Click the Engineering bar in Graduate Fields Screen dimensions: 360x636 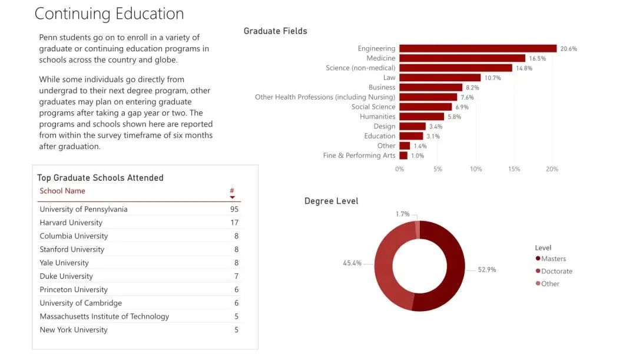[478, 48]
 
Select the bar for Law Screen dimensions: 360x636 [440, 78]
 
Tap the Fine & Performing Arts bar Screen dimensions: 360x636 [403, 156]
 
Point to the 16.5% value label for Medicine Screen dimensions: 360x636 [537, 58]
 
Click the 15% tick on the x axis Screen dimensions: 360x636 [514, 169]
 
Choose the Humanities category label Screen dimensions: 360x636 [377, 117]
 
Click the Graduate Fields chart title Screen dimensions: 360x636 [275, 31]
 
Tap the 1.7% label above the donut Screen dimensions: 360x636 [403, 213]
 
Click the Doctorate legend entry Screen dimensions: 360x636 [556, 271]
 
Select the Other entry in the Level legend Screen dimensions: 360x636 [549, 283]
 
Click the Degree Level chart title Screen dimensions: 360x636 [331, 201]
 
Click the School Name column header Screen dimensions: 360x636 [62, 191]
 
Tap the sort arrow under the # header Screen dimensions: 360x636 [232, 197]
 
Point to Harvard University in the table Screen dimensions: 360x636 [71, 223]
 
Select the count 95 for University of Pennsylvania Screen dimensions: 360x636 [234, 209]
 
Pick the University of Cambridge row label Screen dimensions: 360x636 [81, 303]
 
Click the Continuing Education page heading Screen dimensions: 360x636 [109, 14]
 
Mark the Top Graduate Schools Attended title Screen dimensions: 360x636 [100, 178]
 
